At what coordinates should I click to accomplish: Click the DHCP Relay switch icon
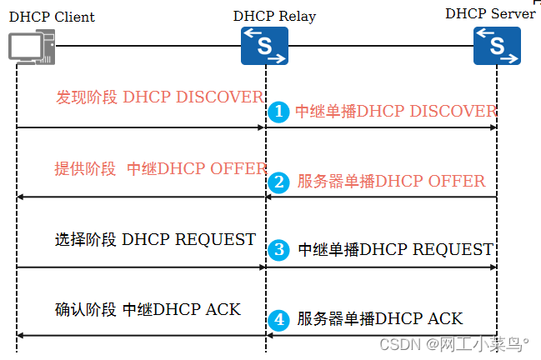(264, 45)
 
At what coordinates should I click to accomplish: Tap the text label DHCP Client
(52, 17)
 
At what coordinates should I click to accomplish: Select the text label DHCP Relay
(274, 17)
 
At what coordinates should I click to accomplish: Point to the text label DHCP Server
(490, 13)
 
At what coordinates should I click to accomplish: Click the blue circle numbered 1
(279, 112)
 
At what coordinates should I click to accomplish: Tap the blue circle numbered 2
(280, 182)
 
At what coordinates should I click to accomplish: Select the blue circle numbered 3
(280, 249)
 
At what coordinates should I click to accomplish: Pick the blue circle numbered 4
(280, 319)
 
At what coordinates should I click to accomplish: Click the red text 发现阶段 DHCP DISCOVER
(159, 97)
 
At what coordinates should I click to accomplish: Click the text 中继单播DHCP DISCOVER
(396, 112)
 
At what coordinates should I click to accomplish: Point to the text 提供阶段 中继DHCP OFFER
(160, 168)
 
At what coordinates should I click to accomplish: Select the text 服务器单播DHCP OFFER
(390, 182)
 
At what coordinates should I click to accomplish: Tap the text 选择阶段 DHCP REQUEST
(155, 240)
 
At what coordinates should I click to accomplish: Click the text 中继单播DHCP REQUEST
(395, 249)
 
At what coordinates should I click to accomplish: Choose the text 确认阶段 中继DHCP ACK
(148, 310)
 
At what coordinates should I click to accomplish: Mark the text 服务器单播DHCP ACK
(379, 319)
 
